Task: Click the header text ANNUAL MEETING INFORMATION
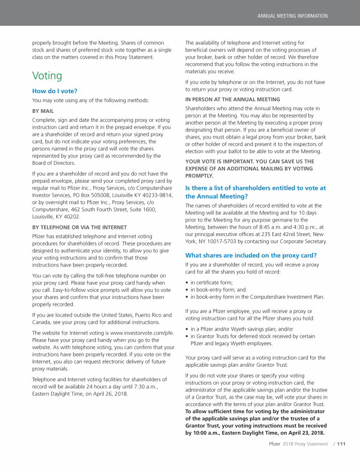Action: pos(292,16)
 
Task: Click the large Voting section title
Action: pos(47,75)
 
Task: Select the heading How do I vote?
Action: pos(54,91)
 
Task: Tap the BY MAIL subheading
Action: pos(43,111)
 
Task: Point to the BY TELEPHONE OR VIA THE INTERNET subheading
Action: pos(79,227)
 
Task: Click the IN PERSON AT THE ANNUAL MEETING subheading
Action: pos(232,99)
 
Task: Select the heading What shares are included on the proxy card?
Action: pos(251,255)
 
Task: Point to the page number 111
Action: pos(341,444)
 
